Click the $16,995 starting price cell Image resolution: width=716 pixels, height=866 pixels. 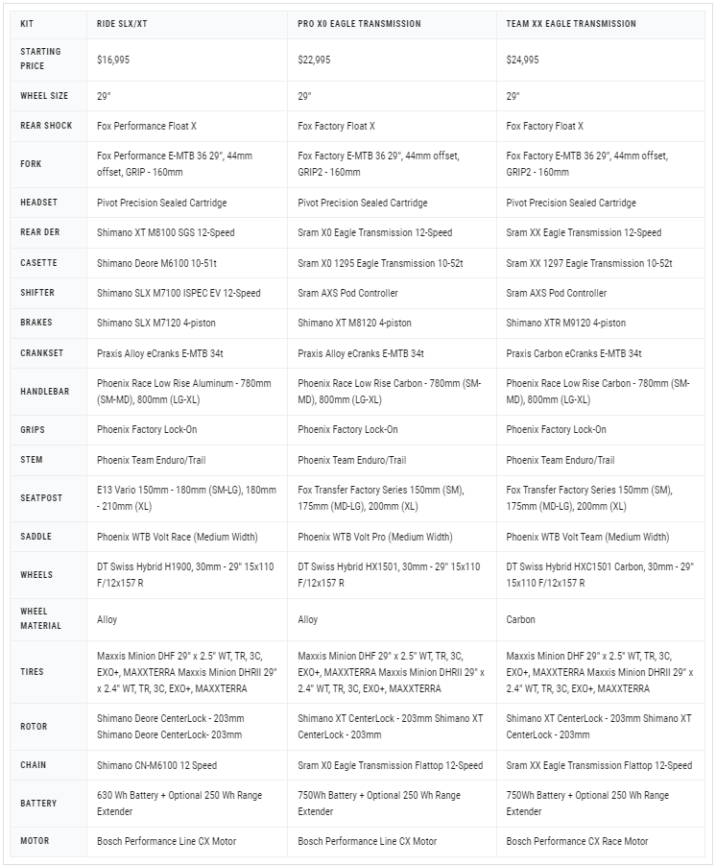click(x=113, y=60)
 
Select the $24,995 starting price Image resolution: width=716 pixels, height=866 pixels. click(x=523, y=60)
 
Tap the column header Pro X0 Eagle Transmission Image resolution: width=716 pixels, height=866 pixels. click(x=359, y=24)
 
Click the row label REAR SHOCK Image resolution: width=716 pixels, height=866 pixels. click(x=46, y=126)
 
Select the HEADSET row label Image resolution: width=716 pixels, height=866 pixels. click(x=39, y=203)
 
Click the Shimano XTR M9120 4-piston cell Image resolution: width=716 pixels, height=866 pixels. click(x=565, y=324)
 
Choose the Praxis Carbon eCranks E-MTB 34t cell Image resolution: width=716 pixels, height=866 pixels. click(x=574, y=353)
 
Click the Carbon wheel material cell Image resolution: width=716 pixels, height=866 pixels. click(x=521, y=619)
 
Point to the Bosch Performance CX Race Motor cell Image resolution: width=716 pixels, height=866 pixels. click(x=577, y=841)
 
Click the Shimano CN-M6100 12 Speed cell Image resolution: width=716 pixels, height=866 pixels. click(x=156, y=765)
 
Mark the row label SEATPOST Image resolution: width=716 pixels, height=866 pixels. click(x=41, y=497)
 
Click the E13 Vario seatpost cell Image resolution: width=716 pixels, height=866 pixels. click(x=182, y=497)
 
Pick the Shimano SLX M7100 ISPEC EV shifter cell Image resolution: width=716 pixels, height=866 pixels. click(x=179, y=293)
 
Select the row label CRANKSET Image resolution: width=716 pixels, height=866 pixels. click(x=42, y=353)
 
